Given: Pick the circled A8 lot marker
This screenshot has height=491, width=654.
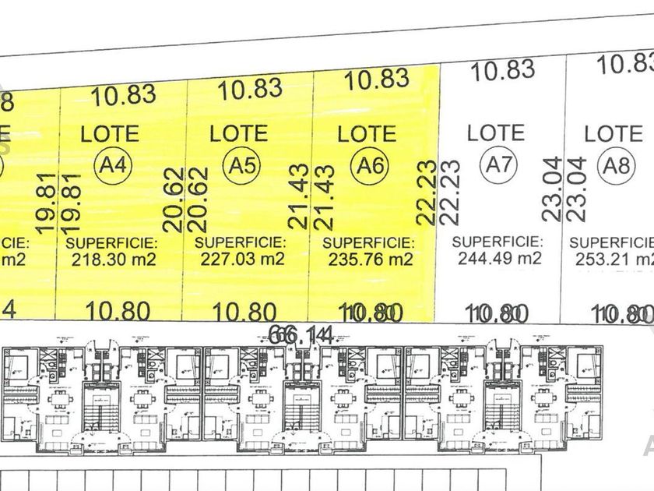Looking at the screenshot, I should tap(614, 165).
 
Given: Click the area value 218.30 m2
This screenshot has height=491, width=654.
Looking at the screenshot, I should tap(111, 260).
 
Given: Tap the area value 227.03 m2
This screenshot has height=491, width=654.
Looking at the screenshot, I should tap(240, 260).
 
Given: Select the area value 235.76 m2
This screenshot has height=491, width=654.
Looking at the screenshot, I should tap(367, 260).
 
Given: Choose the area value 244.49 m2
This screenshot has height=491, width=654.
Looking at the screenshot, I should tap(496, 258).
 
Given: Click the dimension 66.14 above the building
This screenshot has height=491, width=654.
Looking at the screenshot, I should tap(301, 335).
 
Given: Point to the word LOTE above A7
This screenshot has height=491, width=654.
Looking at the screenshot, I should tap(496, 132).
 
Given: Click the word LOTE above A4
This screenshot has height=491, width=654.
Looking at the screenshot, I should tap(110, 134).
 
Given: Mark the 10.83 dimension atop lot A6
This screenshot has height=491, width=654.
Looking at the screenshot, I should tap(377, 79).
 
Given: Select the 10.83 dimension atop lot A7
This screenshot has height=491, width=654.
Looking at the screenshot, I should tap(504, 71).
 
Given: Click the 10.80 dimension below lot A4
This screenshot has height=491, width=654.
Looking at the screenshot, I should tap(118, 312).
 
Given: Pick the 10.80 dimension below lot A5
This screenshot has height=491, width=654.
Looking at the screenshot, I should tap(244, 313).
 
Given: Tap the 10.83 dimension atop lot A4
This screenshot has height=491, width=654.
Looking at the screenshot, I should tap(124, 96).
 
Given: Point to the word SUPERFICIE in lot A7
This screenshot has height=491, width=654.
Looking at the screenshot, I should tap(497, 242).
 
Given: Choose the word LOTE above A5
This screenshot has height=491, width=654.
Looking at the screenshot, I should tap(238, 134).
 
